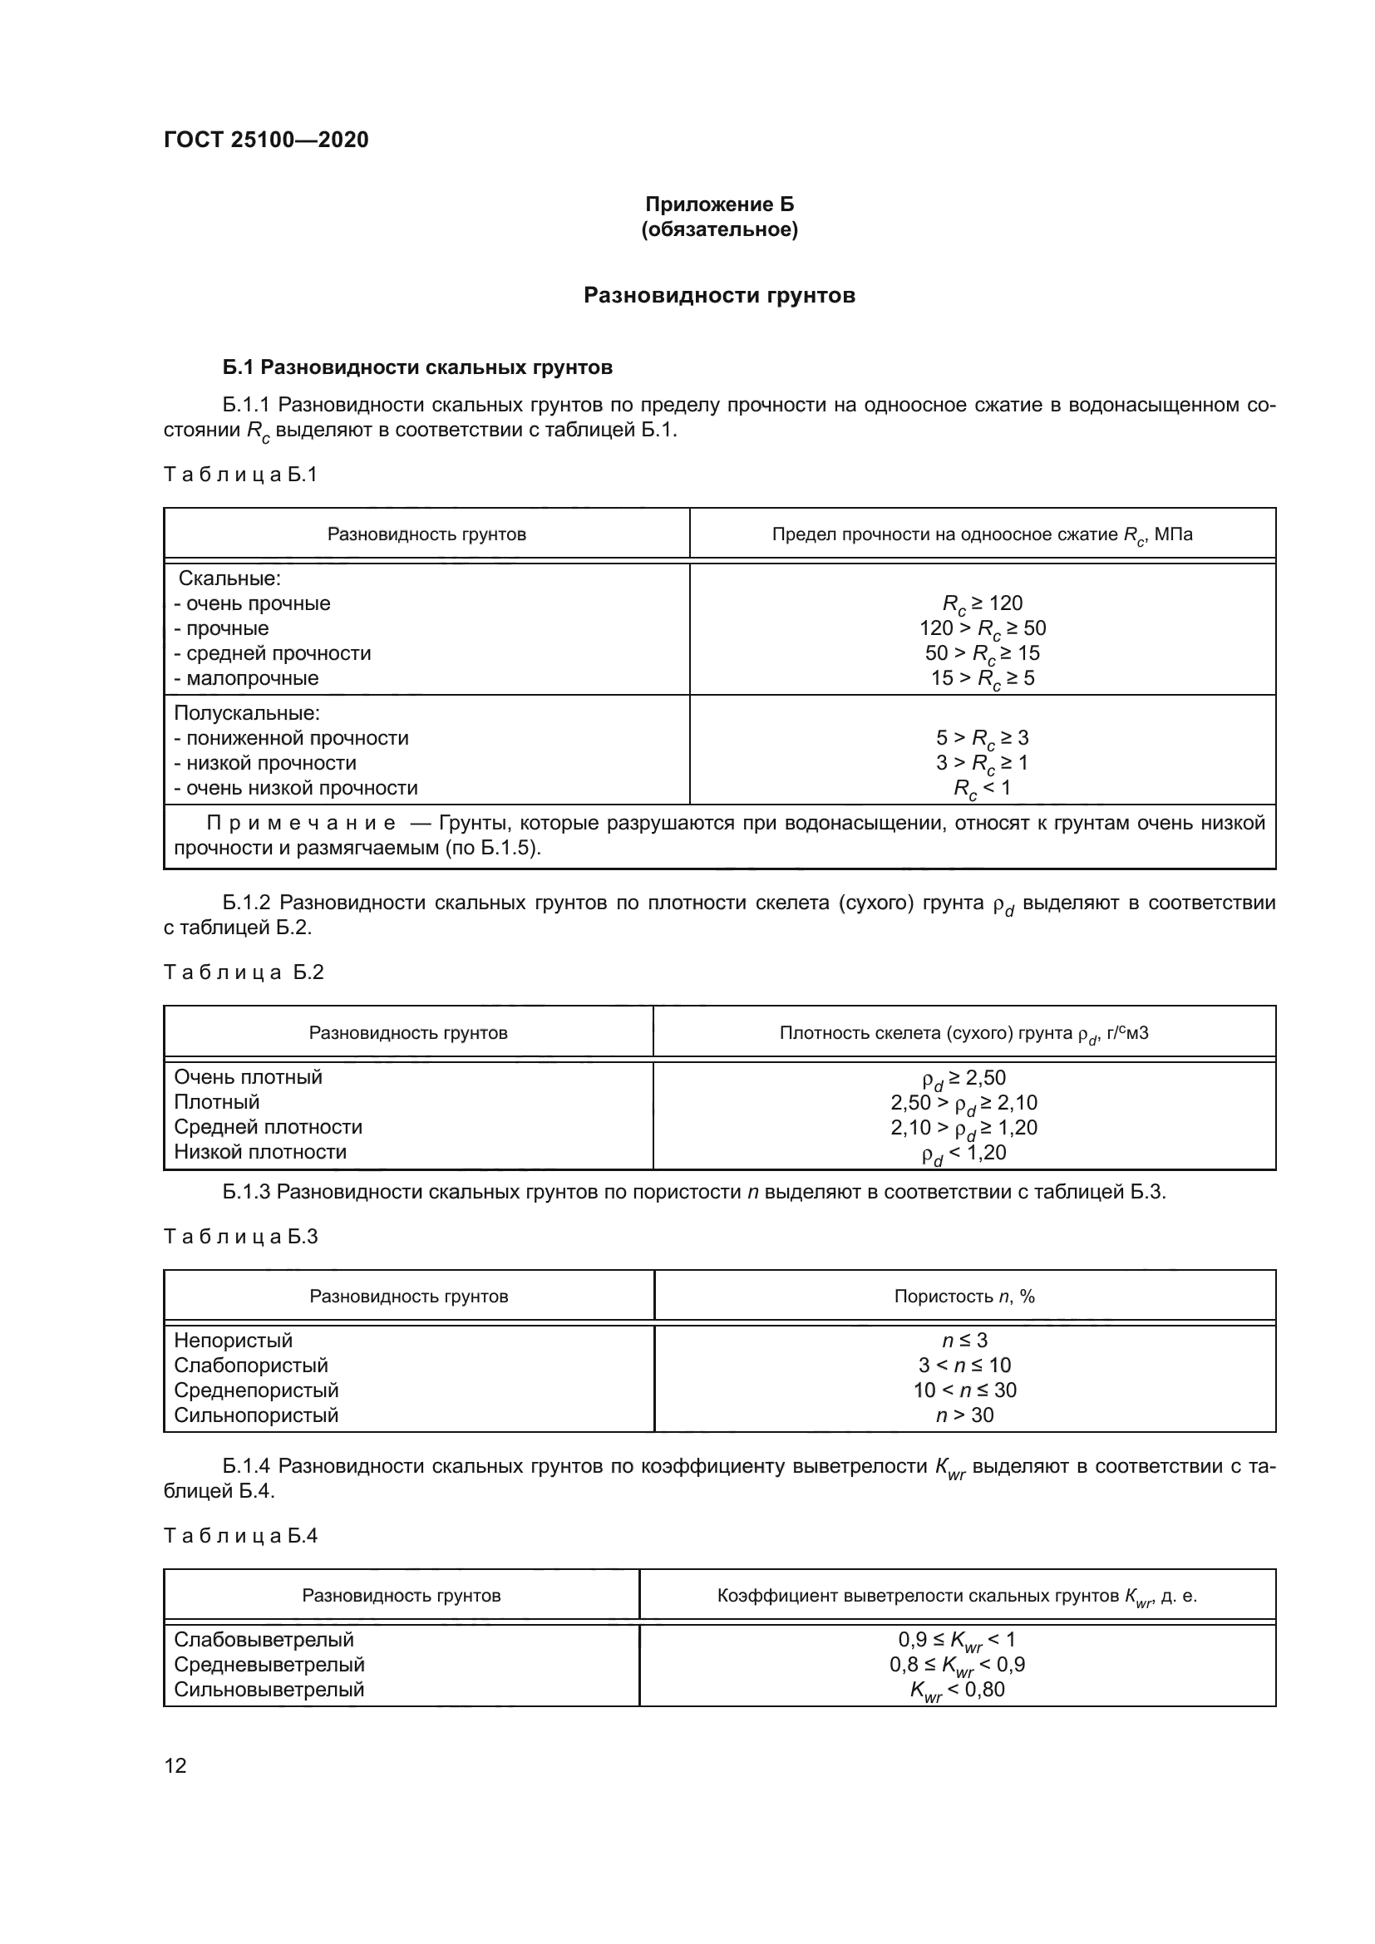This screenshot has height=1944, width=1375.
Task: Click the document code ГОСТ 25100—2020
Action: [x=266, y=140]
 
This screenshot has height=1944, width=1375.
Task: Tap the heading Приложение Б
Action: [x=719, y=204]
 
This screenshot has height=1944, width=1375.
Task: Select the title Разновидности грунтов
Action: [x=719, y=296]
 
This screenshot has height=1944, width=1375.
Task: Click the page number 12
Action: [x=175, y=1765]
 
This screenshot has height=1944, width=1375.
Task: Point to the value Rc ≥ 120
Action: [x=982, y=603]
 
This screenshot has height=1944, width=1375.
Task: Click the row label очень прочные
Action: [x=253, y=603]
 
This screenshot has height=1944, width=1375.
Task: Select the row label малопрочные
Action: [x=246, y=678]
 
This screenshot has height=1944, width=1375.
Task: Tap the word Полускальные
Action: [x=247, y=713]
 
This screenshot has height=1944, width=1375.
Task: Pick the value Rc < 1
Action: [x=982, y=788]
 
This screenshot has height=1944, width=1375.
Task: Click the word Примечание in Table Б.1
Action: [x=302, y=823]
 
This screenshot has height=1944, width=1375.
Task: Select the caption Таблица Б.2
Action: [x=244, y=972]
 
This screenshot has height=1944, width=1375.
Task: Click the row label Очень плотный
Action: [x=248, y=1077]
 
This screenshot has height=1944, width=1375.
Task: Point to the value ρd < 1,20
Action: [x=963, y=1152]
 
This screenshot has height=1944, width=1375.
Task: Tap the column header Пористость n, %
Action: [x=964, y=1297]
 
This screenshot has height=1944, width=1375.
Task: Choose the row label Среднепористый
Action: [x=256, y=1390]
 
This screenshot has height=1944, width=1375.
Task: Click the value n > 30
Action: [x=964, y=1415]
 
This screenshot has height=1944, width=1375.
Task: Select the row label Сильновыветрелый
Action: [x=269, y=1689]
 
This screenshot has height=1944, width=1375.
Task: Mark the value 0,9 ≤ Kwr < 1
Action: [x=957, y=1640]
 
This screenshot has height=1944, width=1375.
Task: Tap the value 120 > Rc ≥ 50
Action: [x=982, y=628]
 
